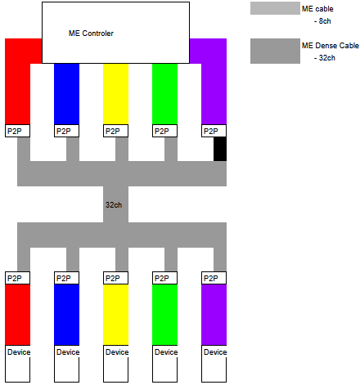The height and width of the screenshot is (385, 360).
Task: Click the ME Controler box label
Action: (91, 34)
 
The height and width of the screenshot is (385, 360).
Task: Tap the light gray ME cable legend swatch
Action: (275, 8)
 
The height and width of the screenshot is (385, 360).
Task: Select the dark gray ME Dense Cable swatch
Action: (275, 51)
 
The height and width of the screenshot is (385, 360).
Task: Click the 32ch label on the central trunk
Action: (114, 204)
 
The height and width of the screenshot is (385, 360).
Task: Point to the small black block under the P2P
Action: (220, 149)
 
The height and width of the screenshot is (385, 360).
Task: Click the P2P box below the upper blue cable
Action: (66, 131)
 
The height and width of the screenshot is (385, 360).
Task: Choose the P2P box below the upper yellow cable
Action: (115, 131)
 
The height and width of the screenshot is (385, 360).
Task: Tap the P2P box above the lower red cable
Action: (17, 278)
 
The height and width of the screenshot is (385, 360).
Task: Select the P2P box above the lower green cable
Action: (164, 278)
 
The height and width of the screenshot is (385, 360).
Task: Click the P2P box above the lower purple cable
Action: (214, 278)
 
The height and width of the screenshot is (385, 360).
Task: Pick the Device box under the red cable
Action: (17, 364)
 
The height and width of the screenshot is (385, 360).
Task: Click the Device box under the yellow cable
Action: (115, 364)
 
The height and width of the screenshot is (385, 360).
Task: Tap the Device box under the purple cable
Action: (214, 364)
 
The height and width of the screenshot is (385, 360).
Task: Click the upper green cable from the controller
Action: (164, 94)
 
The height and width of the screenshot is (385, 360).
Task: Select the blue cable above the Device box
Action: (66, 315)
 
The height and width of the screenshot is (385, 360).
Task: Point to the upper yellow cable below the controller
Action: (115, 94)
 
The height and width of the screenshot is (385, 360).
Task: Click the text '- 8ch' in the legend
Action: (322, 21)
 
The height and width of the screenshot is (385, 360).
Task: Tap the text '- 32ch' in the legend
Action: (325, 58)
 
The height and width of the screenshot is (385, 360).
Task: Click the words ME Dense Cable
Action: (331, 46)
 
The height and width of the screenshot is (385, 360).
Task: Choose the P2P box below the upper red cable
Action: (17, 131)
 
